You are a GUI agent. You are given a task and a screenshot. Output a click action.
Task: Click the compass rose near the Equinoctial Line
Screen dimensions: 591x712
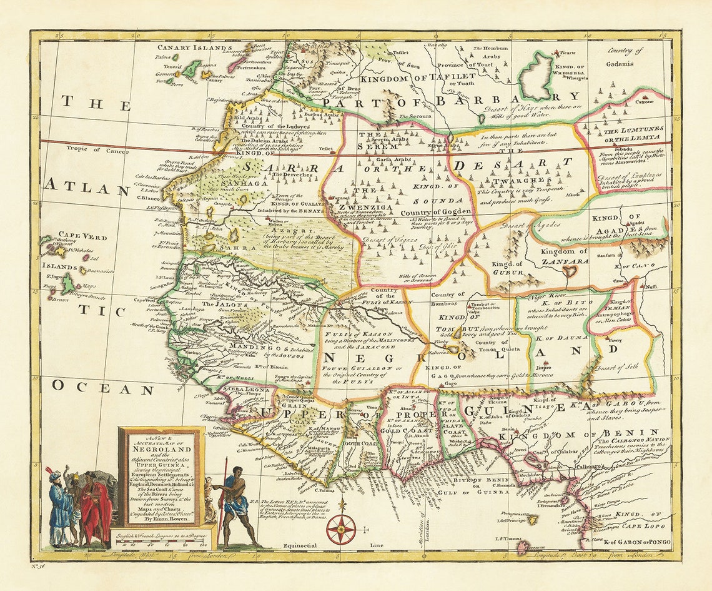click(x=341, y=529)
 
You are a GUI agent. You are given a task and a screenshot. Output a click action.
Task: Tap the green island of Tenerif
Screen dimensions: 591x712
click(x=191, y=68)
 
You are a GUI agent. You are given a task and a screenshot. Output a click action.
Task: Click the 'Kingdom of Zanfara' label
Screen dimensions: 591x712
click(x=565, y=252)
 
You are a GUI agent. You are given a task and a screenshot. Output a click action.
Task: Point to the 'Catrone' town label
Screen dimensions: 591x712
click(x=645, y=101)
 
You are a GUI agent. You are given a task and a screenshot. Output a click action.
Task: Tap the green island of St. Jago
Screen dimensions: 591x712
click(x=68, y=285)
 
